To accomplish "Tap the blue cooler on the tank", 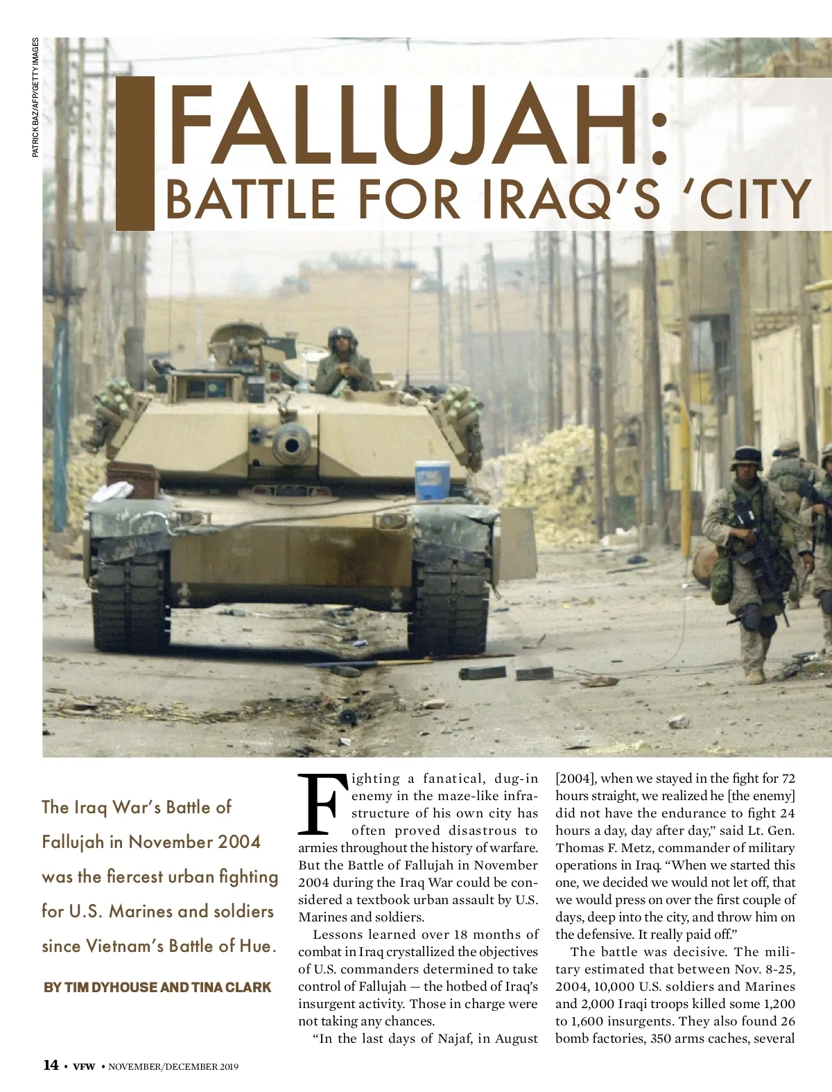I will click(432, 480).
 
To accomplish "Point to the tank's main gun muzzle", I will click(291, 443).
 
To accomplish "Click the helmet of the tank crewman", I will click(340, 338).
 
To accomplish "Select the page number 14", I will click(51, 1065).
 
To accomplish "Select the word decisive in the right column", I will click(694, 952).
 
